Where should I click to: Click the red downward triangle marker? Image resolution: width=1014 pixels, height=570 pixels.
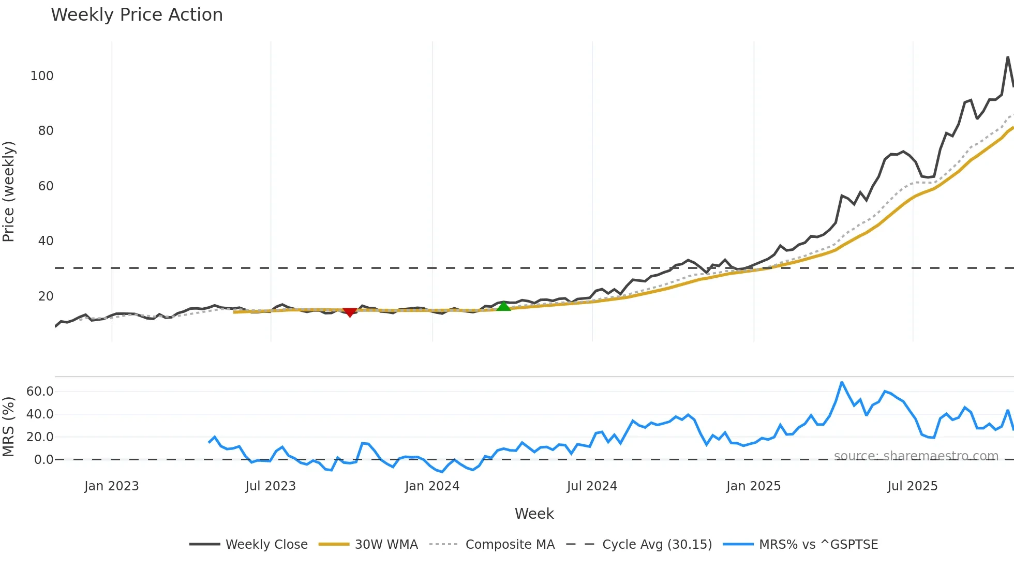click(x=350, y=312)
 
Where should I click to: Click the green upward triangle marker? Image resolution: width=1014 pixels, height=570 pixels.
click(x=503, y=306)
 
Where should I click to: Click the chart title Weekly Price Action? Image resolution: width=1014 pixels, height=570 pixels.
click(x=137, y=15)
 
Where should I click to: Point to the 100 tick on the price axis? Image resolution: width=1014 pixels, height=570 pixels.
click(x=42, y=76)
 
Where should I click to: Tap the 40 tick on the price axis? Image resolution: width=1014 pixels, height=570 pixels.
click(x=46, y=241)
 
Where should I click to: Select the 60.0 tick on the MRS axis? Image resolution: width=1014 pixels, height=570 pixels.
click(x=40, y=392)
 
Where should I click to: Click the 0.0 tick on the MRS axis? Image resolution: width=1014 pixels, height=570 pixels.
click(x=43, y=460)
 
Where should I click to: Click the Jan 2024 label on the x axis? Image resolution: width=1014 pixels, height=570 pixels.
click(x=432, y=486)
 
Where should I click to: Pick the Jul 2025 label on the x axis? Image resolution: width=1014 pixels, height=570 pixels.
click(x=912, y=486)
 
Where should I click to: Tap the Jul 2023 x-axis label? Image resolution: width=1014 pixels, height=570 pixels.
click(x=270, y=486)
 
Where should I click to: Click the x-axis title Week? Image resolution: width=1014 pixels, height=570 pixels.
click(x=534, y=514)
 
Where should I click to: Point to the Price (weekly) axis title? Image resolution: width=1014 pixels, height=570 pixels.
click(x=8, y=191)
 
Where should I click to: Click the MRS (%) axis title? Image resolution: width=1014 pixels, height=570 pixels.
click(x=8, y=427)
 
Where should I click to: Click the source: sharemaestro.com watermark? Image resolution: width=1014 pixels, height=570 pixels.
click(x=916, y=456)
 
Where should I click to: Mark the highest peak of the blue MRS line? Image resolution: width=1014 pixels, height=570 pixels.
click(x=842, y=383)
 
